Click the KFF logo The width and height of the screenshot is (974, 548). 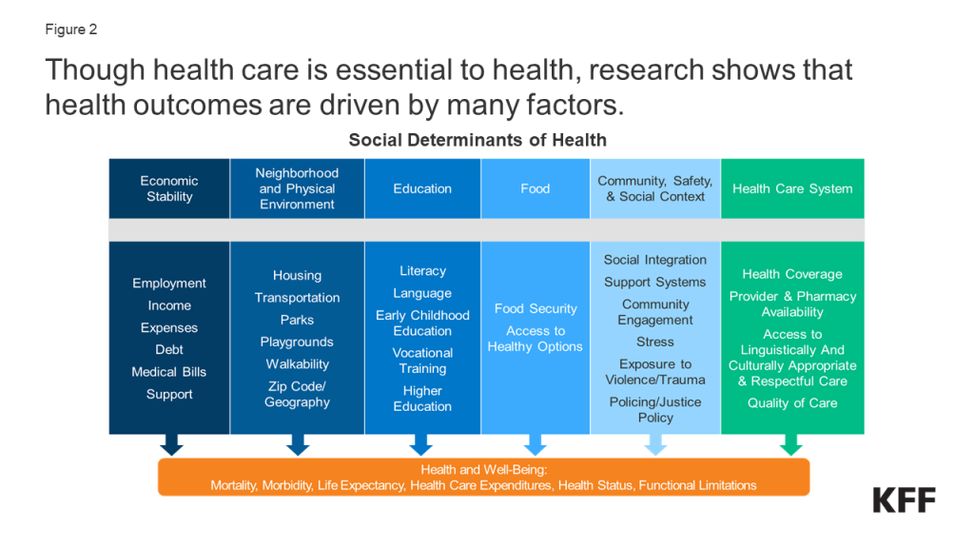(x=904, y=500)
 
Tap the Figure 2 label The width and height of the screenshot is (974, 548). (x=70, y=29)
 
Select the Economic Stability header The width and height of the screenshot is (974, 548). (x=169, y=189)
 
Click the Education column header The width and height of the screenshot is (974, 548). (x=422, y=189)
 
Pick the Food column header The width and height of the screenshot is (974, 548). (x=535, y=189)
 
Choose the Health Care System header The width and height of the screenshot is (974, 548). (x=792, y=189)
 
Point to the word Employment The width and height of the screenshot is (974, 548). (x=169, y=284)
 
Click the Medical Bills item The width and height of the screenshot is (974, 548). (x=169, y=372)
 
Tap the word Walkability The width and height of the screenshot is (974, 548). (x=298, y=364)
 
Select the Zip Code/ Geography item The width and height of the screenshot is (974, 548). (x=298, y=394)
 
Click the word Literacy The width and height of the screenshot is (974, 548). (x=422, y=271)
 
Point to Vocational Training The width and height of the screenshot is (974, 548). (x=422, y=361)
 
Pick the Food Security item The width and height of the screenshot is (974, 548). (x=536, y=309)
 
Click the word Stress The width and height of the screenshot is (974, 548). (x=655, y=342)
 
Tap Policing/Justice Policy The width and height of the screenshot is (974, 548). (x=655, y=410)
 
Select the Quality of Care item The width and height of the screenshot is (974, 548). (x=792, y=403)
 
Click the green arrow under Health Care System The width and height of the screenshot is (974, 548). (x=791, y=445)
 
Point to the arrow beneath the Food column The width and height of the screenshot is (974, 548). (x=535, y=445)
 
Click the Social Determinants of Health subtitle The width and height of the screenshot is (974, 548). (x=477, y=141)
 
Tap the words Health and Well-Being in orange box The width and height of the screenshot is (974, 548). (x=484, y=470)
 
